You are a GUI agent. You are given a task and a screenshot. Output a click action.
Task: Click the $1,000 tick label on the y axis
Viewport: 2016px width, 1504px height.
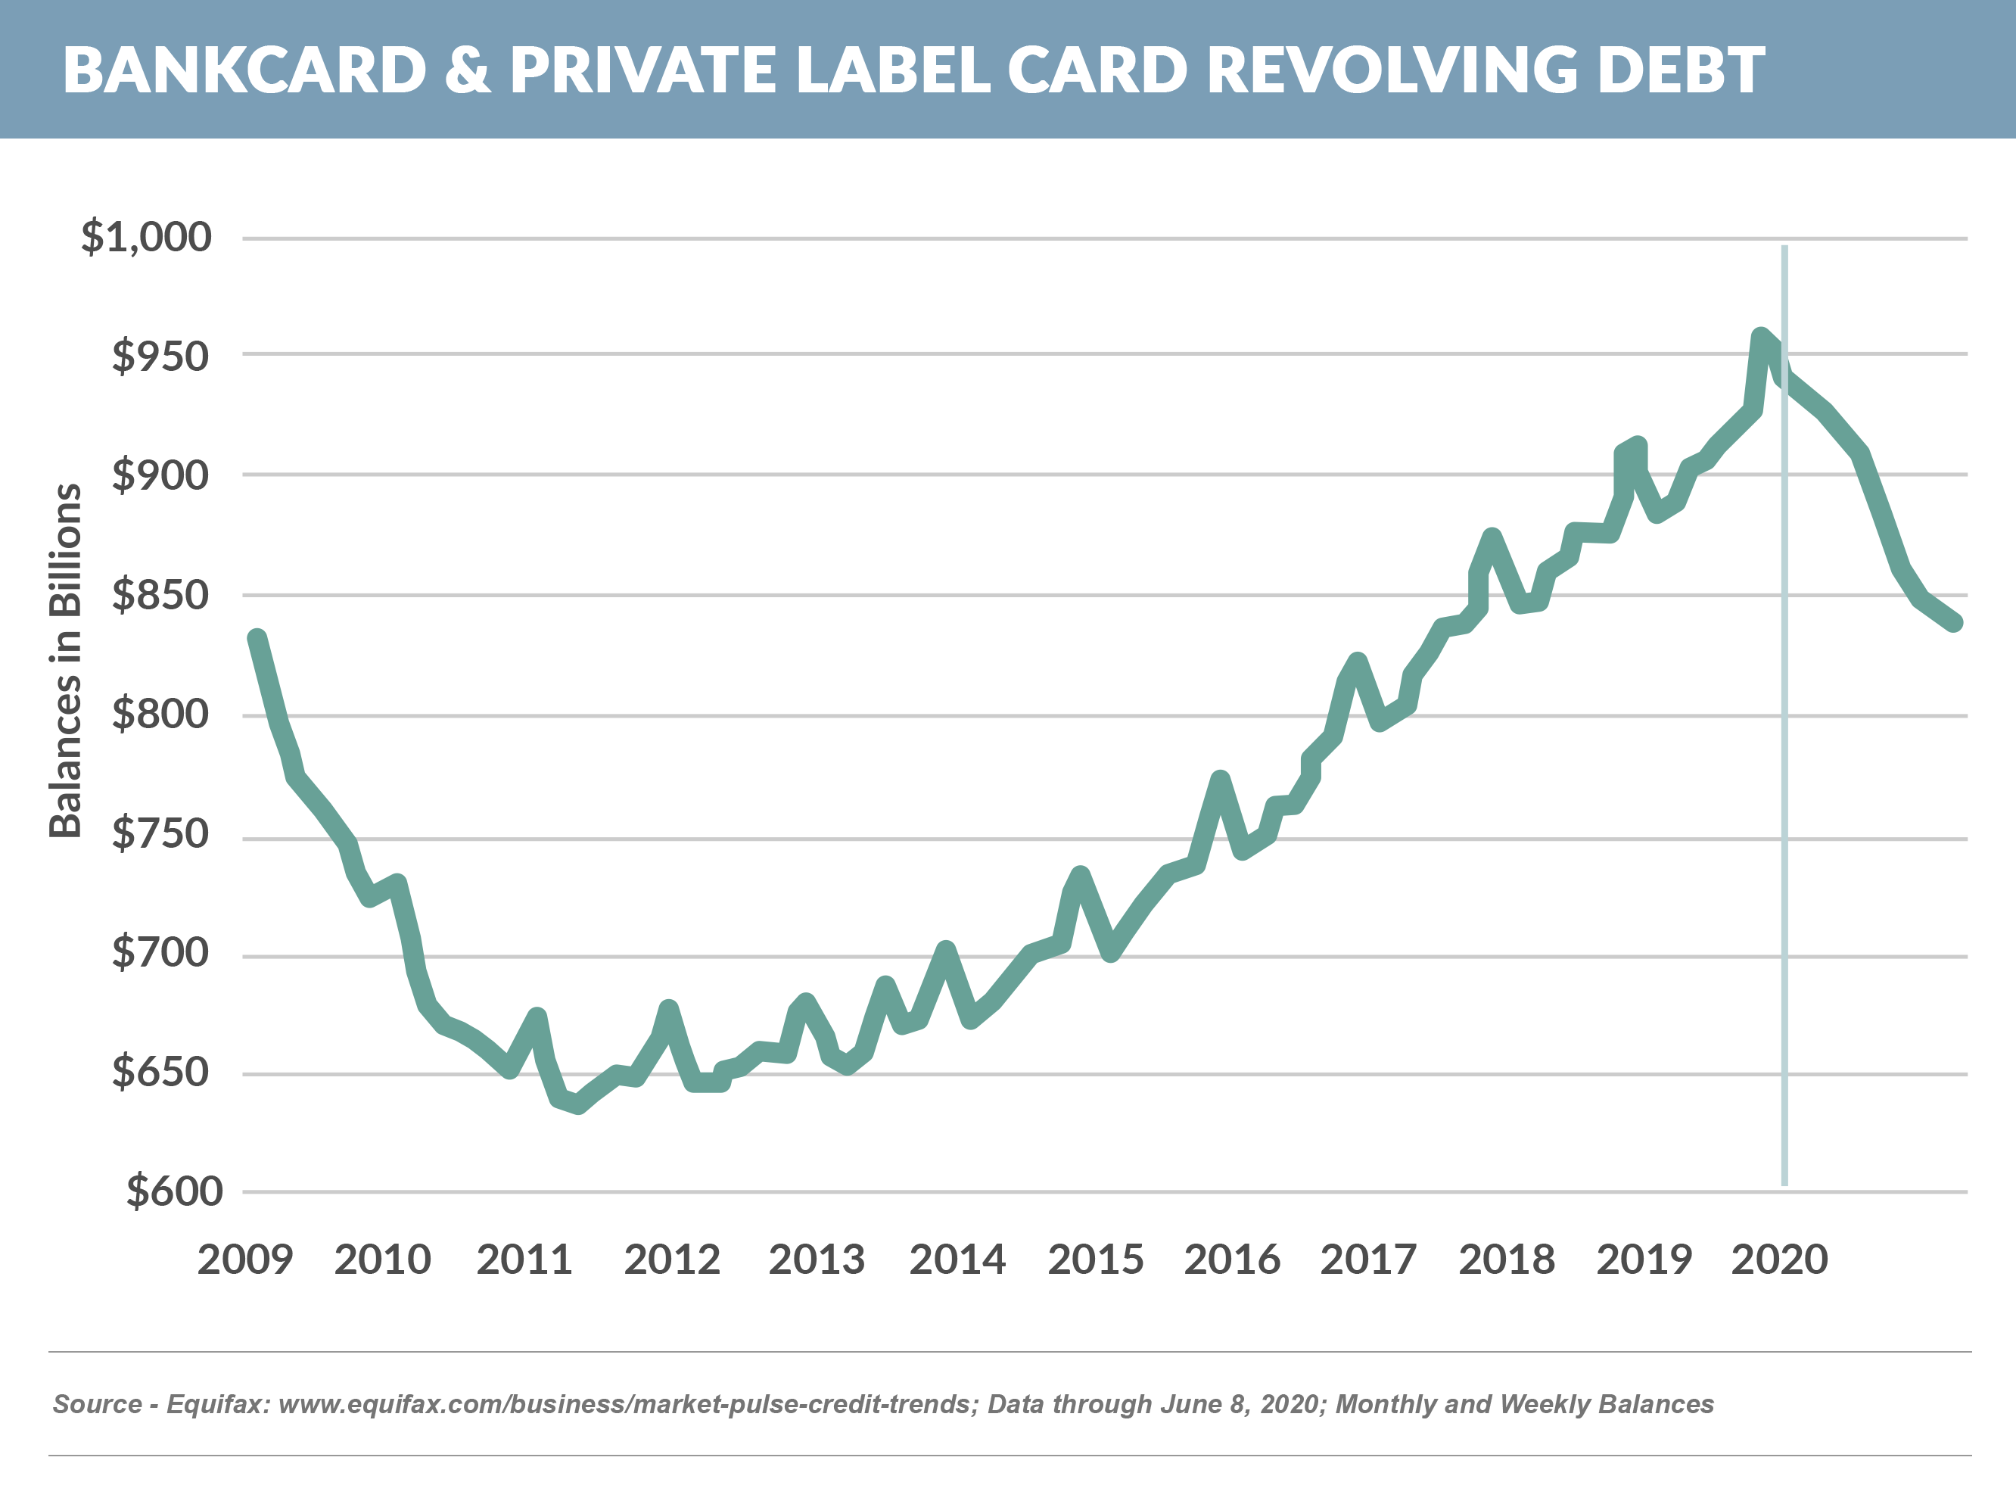point(145,237)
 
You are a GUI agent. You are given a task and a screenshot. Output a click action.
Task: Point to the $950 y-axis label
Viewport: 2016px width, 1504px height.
point(160,356)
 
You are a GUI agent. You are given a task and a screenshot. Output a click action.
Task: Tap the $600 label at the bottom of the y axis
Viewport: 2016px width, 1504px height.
point(174,1191)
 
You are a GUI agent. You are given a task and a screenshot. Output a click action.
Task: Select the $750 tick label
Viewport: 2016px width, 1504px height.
point(160,834)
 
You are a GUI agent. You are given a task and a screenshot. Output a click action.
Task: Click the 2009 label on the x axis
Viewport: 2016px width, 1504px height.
point(245,1260)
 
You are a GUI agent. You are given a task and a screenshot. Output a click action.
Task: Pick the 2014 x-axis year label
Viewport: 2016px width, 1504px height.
point(957,1260)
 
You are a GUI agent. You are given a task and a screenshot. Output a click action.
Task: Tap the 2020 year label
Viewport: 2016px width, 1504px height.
point(1779,1260)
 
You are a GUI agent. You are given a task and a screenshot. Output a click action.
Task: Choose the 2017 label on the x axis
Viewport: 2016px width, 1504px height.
point(1368,1260)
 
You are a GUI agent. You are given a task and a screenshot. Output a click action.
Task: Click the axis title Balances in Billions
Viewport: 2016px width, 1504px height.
point(66,660)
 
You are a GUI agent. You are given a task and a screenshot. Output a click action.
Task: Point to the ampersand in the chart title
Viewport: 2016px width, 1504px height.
point(468,70)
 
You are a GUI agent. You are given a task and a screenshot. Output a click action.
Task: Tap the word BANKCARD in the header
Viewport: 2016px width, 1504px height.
point(245,70)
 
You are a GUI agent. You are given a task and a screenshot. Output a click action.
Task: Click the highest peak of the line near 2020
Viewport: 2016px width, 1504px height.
point(1761,337)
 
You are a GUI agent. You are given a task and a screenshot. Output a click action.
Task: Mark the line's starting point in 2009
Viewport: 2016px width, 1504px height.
point(257,639)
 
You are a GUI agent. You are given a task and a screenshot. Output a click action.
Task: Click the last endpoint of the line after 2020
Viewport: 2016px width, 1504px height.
point(1954,623)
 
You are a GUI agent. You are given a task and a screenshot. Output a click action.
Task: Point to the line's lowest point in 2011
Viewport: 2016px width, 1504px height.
point(579,1105)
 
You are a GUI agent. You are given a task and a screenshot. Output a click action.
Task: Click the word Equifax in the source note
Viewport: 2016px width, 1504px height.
point(217,1404)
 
